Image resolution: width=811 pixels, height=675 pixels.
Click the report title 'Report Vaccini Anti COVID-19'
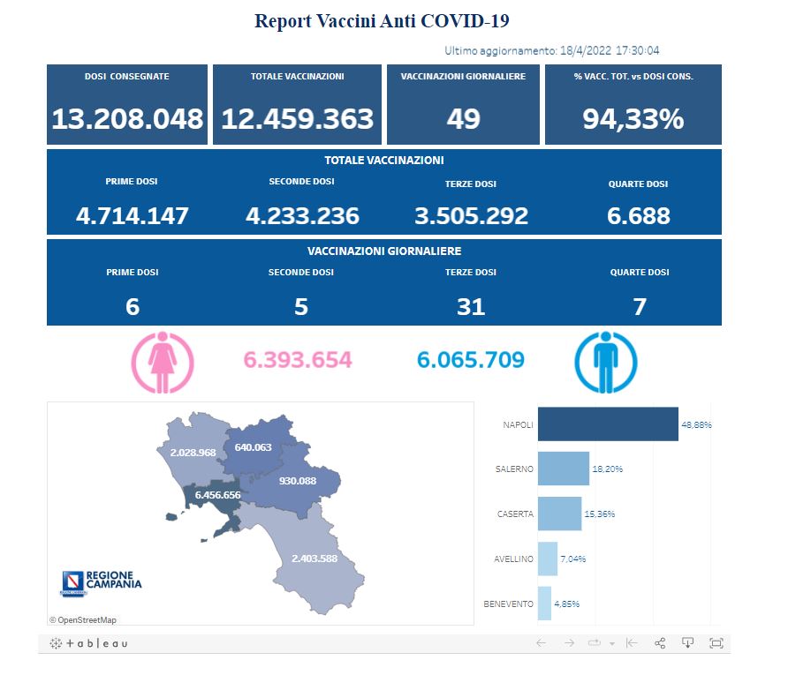tap(382, 20)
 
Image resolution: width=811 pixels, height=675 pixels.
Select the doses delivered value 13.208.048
tap(127, 119)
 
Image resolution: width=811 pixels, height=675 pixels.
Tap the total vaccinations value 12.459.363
tap(297, 119)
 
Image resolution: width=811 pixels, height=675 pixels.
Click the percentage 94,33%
tap(633, 119)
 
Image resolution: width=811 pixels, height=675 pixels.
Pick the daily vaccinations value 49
tap(463, 119)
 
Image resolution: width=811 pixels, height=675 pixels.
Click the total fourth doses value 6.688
tap(638, 215)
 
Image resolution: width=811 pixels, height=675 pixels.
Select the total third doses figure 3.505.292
tap(471, 215)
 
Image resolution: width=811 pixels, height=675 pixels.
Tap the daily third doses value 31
tap(471, 306)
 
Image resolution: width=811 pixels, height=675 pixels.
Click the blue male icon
tap(605, 361)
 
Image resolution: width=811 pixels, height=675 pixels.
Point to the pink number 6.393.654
tap(297, 360)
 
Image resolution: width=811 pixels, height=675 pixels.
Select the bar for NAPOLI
tap(607, 424)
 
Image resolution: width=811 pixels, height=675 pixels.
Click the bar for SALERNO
tap(563, 469)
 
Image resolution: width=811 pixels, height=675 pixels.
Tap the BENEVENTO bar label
tap(509, 604)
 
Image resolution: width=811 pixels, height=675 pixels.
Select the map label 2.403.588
tap(314, 558)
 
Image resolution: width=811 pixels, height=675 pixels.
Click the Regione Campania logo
tap(101, 581)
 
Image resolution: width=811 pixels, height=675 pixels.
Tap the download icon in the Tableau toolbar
tap(687, 642)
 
